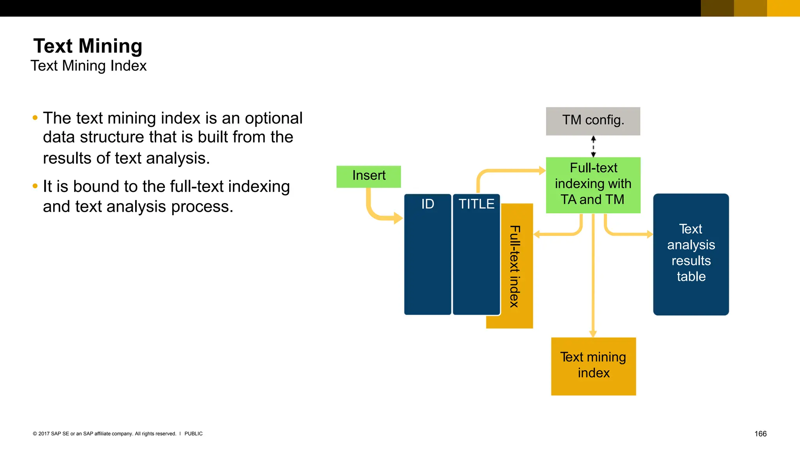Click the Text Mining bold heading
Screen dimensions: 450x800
click(88, 46)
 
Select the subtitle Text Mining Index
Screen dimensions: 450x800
click(89, 66)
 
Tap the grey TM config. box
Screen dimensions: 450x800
click(593, 121)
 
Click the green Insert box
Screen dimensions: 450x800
click(368, 176)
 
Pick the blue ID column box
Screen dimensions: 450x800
click(427, 258)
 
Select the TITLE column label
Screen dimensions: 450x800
click(476, 204)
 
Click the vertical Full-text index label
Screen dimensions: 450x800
click(514, 266)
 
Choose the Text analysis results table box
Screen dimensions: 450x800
click(691, 254)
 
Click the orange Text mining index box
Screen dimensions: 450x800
click(593, 366)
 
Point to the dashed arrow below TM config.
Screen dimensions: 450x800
click(593, 146)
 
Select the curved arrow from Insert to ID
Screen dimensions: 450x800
click(375, 213)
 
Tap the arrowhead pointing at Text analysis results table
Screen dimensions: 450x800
click(649, 234)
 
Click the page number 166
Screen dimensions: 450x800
click(760, 434)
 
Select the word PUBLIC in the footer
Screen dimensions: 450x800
click(193, 434)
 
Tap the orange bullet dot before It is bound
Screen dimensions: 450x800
click(35, 186)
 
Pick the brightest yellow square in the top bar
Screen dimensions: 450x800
click(783, 8)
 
